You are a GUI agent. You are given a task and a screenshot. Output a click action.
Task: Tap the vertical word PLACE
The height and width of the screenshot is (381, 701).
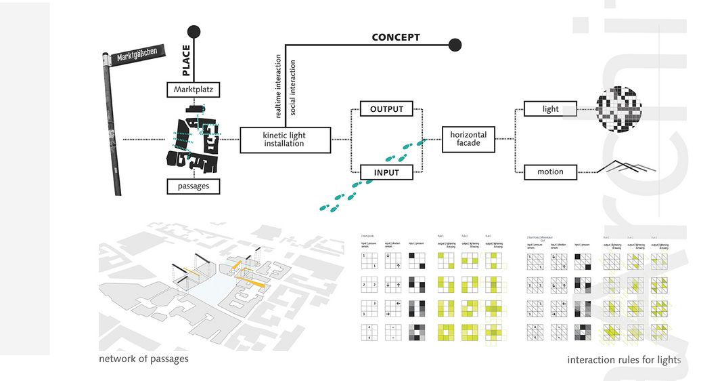click(186, 59)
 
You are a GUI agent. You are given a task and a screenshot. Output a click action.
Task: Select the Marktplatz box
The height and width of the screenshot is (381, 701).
click(194, 89)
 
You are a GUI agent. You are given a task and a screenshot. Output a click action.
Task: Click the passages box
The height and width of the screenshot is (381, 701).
click(194, 185)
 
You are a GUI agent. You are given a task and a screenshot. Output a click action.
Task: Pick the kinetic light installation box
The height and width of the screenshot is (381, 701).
click(284, 140)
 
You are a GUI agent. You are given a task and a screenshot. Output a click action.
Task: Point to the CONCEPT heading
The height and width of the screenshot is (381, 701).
click(396, 37)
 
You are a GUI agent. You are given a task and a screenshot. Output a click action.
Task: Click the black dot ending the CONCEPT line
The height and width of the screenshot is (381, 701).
click(455, 45)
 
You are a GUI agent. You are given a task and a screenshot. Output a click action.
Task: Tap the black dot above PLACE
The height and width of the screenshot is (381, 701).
click(194, 31)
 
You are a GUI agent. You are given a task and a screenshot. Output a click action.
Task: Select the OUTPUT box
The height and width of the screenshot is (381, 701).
click(386, 109)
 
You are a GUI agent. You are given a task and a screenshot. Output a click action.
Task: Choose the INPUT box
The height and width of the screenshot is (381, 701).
click(386, 173)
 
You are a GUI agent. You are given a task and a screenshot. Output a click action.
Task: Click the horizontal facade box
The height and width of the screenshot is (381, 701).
click(468, 139)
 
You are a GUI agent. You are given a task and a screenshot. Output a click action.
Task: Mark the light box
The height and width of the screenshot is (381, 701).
click(551, 109)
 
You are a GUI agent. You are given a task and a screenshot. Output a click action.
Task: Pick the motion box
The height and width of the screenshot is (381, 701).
click(550, 172)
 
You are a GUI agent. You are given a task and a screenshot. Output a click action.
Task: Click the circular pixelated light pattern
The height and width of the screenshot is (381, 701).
click(618, 108)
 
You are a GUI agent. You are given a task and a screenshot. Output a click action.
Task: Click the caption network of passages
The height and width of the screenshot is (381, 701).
click(143, 359)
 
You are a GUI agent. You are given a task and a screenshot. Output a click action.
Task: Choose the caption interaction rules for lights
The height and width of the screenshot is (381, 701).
click(624, 360)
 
